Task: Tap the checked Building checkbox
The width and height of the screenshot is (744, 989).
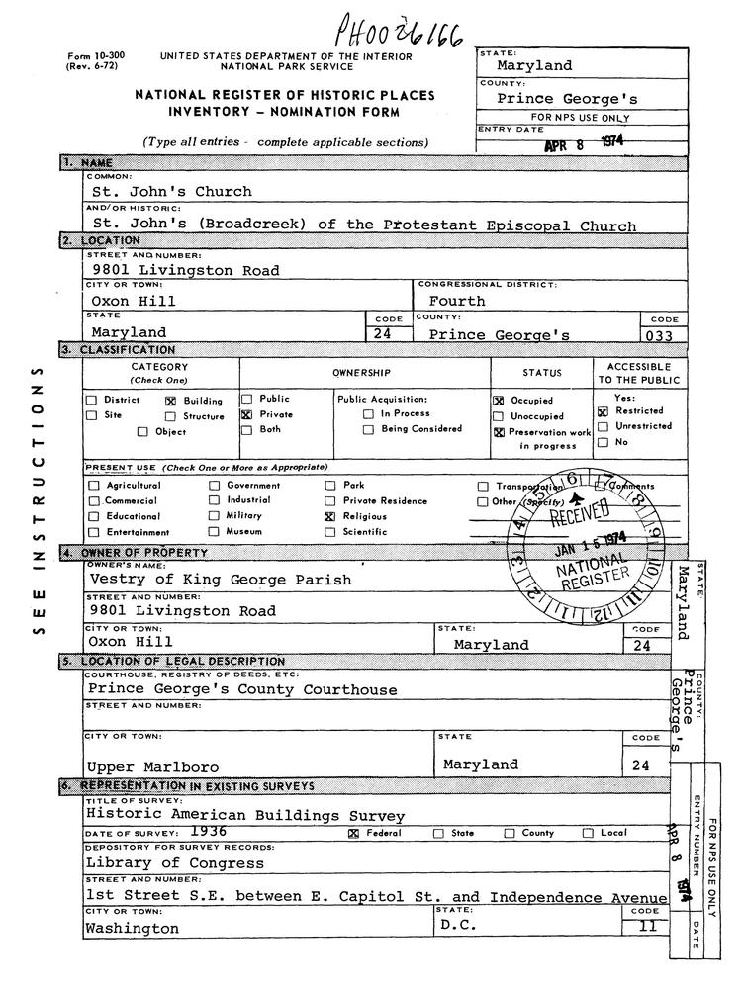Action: [x=169, y=402]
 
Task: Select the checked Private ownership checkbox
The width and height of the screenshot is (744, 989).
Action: [x=247, y=415]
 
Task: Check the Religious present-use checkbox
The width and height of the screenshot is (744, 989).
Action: [x=330, y=517]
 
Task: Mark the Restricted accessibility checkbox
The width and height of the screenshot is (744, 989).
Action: [x=602, y=410]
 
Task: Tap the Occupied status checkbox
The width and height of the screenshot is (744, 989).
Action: [x=499, y=402]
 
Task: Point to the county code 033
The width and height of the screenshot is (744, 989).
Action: [x=657, y=336]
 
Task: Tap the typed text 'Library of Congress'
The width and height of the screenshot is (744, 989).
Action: [x=161, y=862]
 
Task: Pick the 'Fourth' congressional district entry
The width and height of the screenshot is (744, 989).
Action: [x=456, y=301]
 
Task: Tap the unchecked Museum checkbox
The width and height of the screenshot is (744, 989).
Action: [x=213, y=532]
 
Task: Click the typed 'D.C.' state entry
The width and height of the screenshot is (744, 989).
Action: [x=460, y=927]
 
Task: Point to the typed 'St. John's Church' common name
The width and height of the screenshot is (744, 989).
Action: [x=171, y=191]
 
